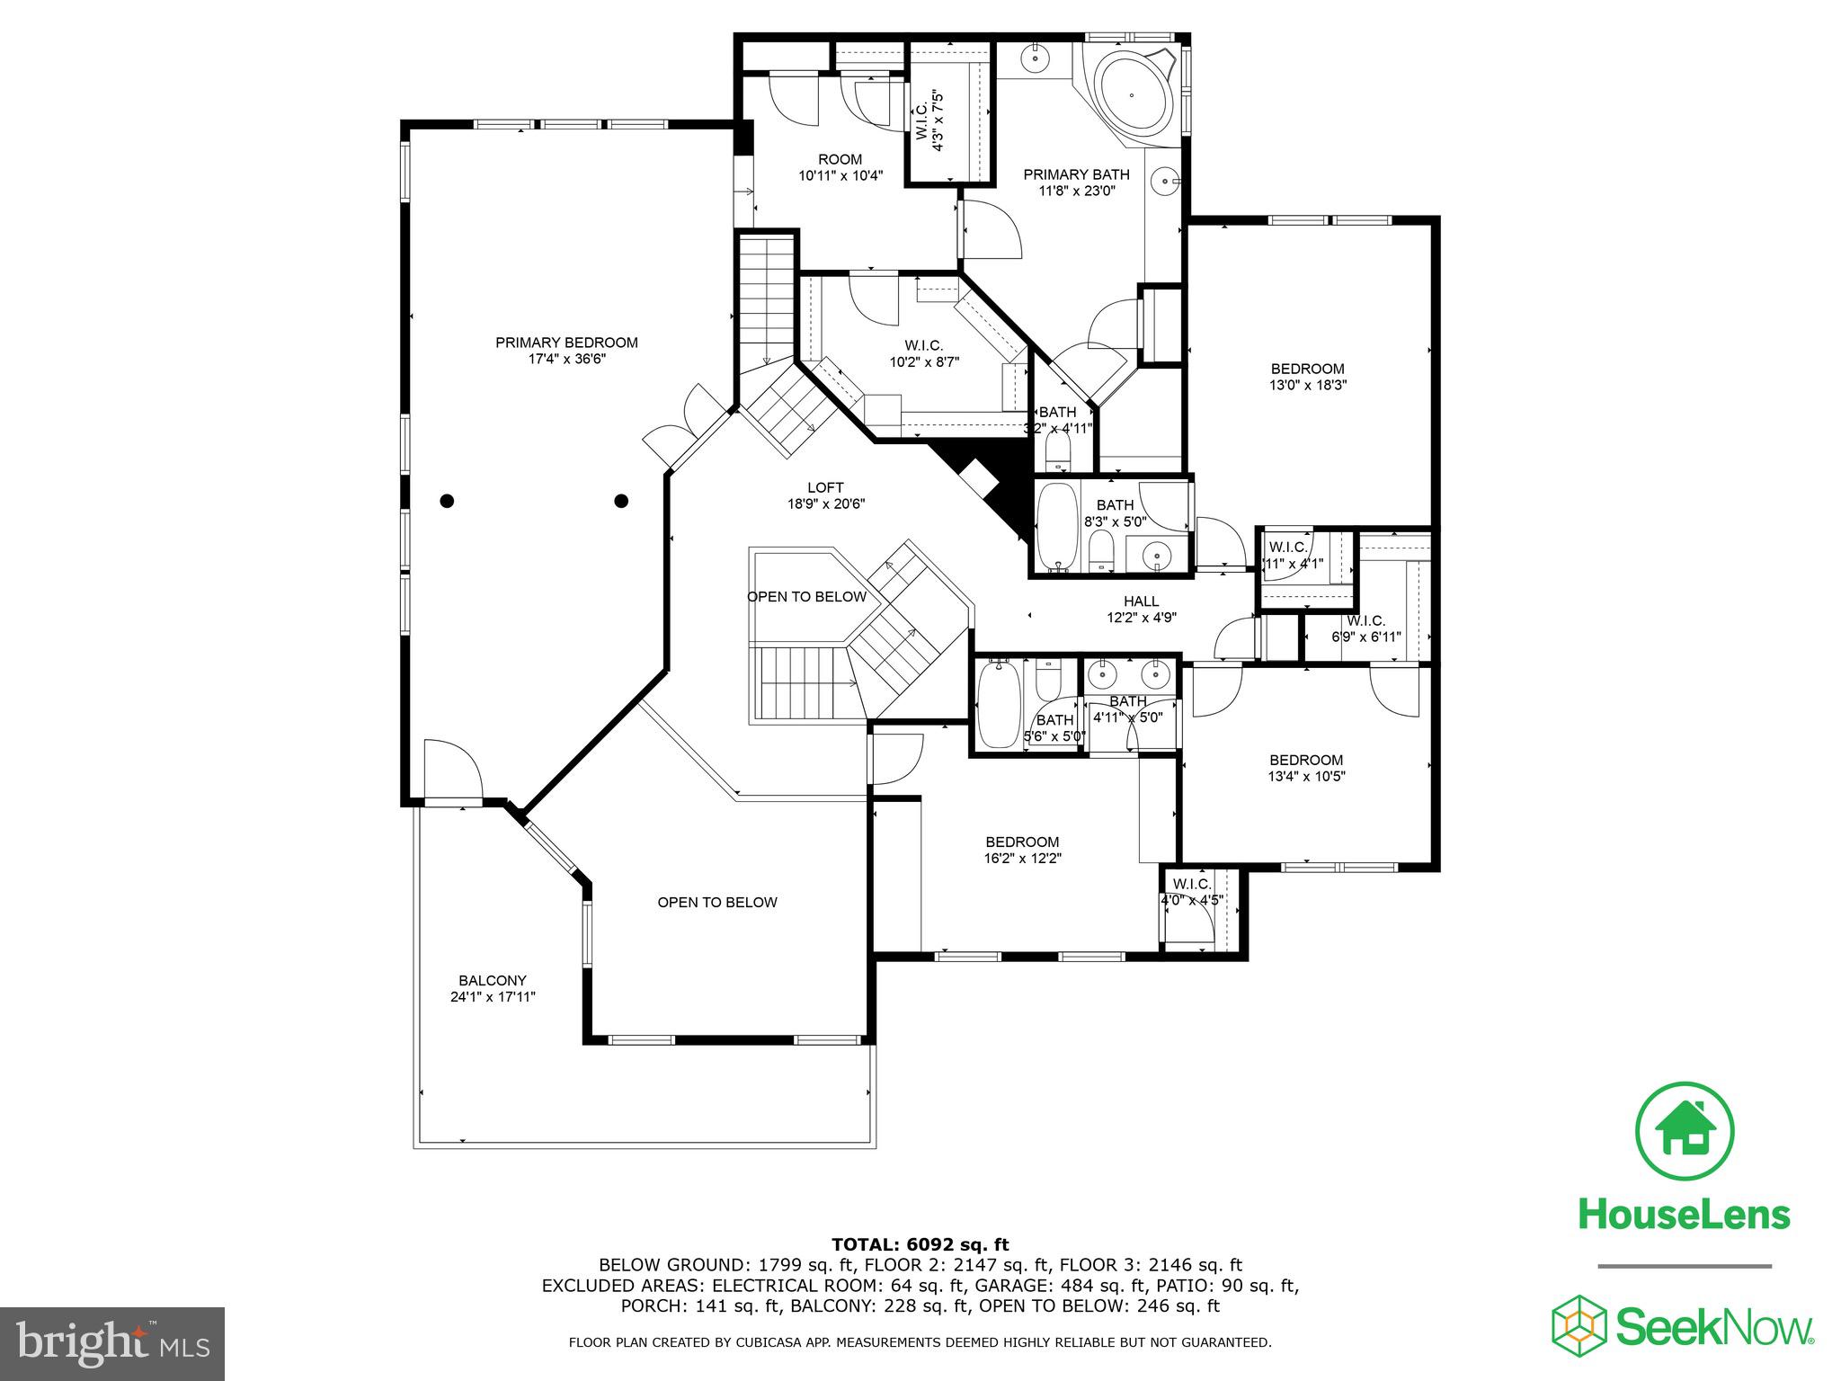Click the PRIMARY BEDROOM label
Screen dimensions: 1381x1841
click(566, 343)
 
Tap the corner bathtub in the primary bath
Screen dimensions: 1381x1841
click(1130, 95)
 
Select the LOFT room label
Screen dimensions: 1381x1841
click(825, 488)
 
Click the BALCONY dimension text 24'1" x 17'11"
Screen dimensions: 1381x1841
click(493, 996)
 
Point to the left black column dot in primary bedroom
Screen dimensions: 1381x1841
click(447, 501)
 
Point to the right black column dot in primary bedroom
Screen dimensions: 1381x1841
click(621, 501)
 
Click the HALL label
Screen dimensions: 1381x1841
click(1141, 601)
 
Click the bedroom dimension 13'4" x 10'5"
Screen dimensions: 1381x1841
click(1306, 776)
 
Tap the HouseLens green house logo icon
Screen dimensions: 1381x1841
click(1685, 1132)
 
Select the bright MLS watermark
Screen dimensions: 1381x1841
click(112, 1343)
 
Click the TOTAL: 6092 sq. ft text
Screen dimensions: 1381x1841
click(920, 1244)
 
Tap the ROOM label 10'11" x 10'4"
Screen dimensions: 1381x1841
click(840, 168)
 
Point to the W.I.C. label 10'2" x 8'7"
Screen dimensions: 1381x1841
click(923, 353)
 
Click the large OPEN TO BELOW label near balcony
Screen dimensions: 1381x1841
click(716, 902)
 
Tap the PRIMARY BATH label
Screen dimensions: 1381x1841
click(1076, 174)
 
